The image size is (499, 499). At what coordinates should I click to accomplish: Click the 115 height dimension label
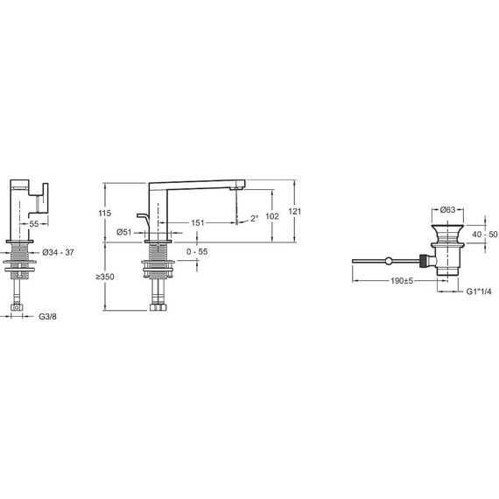coord(105,213)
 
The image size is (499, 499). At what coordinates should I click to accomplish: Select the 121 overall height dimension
coord(294,211)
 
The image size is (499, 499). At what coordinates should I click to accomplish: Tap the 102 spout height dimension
coord(272,216)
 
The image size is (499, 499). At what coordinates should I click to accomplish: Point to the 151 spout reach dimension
coord(197,222)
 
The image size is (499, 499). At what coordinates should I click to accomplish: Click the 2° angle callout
coord(255,218)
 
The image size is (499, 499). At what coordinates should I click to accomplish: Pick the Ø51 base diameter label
coord(124,232)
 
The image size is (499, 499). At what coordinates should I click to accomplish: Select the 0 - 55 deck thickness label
coord(197,252)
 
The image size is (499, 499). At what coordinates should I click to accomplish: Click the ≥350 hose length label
coord(105,277)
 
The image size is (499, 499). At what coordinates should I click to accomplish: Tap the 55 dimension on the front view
coord(34,224)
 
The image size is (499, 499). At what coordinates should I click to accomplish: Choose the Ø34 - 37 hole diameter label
coord(59,252)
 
